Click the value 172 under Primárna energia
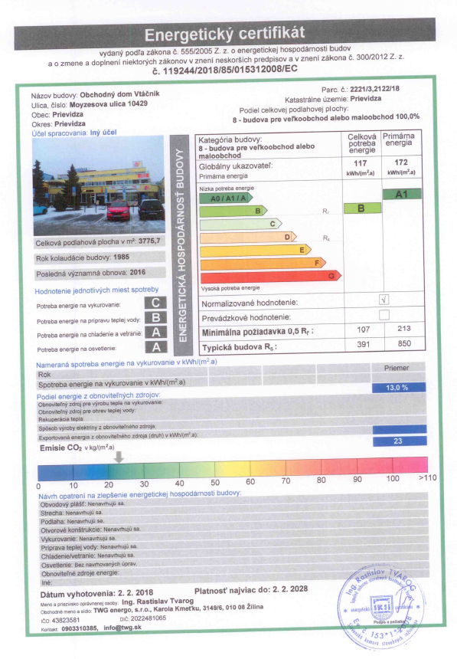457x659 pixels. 399,163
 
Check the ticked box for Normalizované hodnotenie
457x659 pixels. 384,300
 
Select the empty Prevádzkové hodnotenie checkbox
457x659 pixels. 384,315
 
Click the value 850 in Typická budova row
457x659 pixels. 399,346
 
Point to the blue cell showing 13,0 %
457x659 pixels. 397,388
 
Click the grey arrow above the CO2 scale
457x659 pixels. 119,456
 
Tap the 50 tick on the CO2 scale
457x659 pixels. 214,483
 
